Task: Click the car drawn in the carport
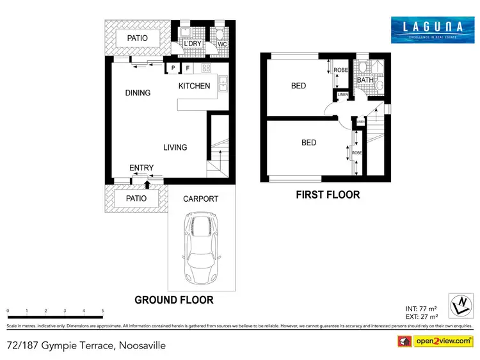(x=201, y=242)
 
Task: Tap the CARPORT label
(x=201, y=199)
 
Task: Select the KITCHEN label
(x=194, y=86)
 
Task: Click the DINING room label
(x=138, y=93)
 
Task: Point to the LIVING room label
(x=175, y=147)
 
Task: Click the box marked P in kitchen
(x=173, y=68)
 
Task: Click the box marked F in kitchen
(x=188, y=68)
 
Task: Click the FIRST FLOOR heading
(x=327, y=195)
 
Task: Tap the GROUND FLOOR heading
(x=173, y=299)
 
